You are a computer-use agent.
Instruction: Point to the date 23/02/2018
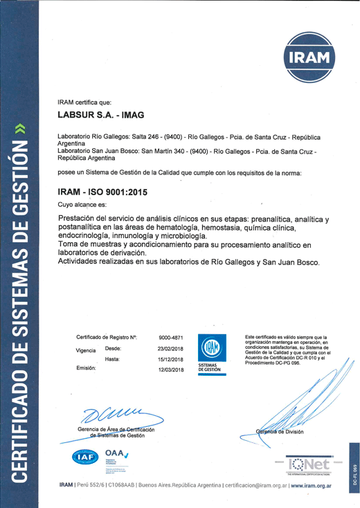(170, 349)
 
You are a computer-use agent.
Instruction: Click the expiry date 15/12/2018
(170, 359)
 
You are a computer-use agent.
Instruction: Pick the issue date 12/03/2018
(170, 370)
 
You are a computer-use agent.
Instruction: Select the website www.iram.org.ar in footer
(312, 487)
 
